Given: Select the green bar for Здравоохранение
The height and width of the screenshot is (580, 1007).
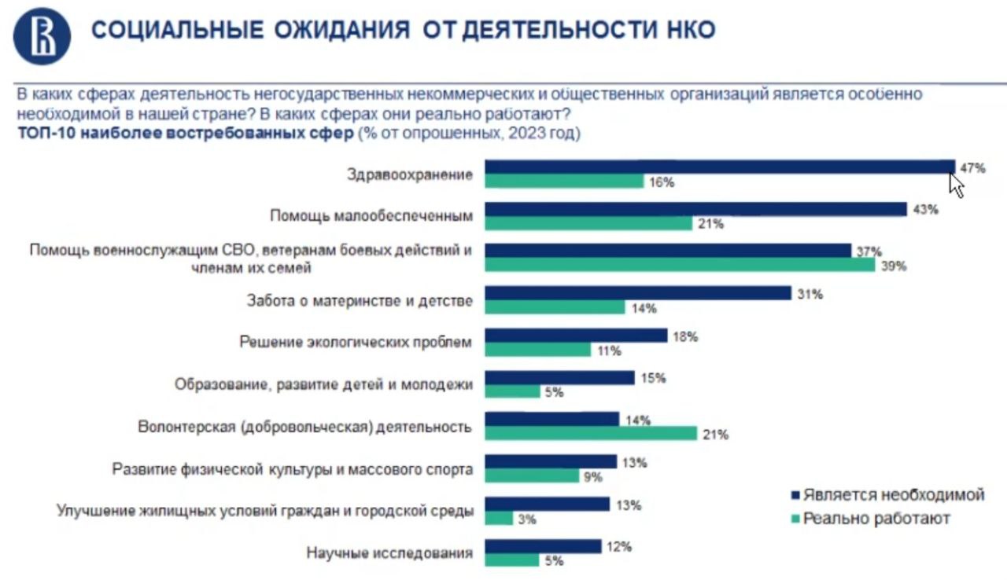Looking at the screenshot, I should [564, 181].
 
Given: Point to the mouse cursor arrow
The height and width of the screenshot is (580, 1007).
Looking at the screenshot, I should [956, 185].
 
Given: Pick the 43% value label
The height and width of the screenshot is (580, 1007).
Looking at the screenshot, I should [926, 210].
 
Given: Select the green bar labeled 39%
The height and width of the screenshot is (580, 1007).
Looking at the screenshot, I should [680, 265].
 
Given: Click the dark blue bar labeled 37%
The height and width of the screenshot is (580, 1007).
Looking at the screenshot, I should [668, 251].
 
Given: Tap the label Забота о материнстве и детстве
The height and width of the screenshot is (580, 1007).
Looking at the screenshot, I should [360, 301].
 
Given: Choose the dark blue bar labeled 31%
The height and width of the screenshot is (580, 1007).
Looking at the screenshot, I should [637, 293].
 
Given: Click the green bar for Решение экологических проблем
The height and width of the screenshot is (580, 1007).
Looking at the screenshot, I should [537, 350].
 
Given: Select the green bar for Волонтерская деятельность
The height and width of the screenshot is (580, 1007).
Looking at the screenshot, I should [591, 433].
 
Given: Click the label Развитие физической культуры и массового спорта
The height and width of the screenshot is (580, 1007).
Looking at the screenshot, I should [293, 470].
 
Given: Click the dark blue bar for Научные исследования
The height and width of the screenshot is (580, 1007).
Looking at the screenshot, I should [543, 546].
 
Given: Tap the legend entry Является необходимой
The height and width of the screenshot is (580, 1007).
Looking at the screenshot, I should [892, 495].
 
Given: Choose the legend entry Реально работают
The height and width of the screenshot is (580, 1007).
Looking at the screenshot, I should [875, 519].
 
